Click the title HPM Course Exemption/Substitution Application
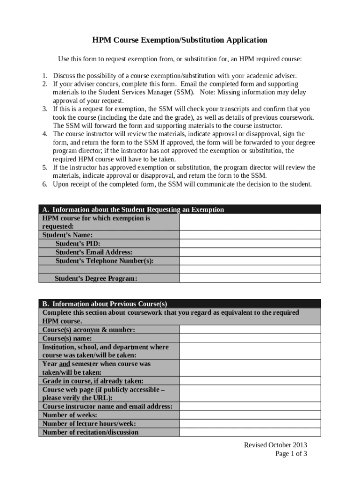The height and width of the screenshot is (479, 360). pyautogui.click(x=180, y=40)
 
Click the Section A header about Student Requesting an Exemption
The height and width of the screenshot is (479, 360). pyautogui.click(x=133, y=210)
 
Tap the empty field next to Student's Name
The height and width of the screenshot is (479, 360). pyautogui.click(x=250, y=235)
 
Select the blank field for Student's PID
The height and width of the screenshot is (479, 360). pyautogui.click(x=250, y=243)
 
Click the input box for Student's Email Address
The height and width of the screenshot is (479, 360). pyautogui.click(x=250, y=252)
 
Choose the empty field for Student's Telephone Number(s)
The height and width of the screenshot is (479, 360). pyautogui.click(x=250, y=261)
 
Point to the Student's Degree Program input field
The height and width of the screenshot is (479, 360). pyautogui.click(x=250, y=278)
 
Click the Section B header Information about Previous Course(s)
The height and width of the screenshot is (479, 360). pyautogui.click(x=105, y=304)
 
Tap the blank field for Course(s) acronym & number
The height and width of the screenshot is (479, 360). pyautogui.click(x=250, y=329)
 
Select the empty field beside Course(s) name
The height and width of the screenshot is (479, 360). pyautogui.click(x=250, y=338)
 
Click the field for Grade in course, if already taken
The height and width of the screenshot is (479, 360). pyautogui.click(x=250, y=381)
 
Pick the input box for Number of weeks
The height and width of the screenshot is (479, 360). pyautogui.click(x=250, y=415)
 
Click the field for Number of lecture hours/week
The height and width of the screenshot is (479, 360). pyautogui.click(x=250, y=423)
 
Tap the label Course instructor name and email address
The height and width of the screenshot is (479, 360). pyautogui.click(x=108, y=406)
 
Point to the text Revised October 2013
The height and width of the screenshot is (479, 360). pyautogui.click(x=275, y=445)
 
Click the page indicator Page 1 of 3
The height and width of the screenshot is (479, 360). pyautogui.click(x=291, y=453)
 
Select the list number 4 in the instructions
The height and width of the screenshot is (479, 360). pyautogui.click(x=44, y=134)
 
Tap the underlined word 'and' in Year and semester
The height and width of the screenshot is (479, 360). pyautogui.click(x=65, y=364)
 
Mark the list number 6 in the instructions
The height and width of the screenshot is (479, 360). pyautogui.click(x=44, y=184)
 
